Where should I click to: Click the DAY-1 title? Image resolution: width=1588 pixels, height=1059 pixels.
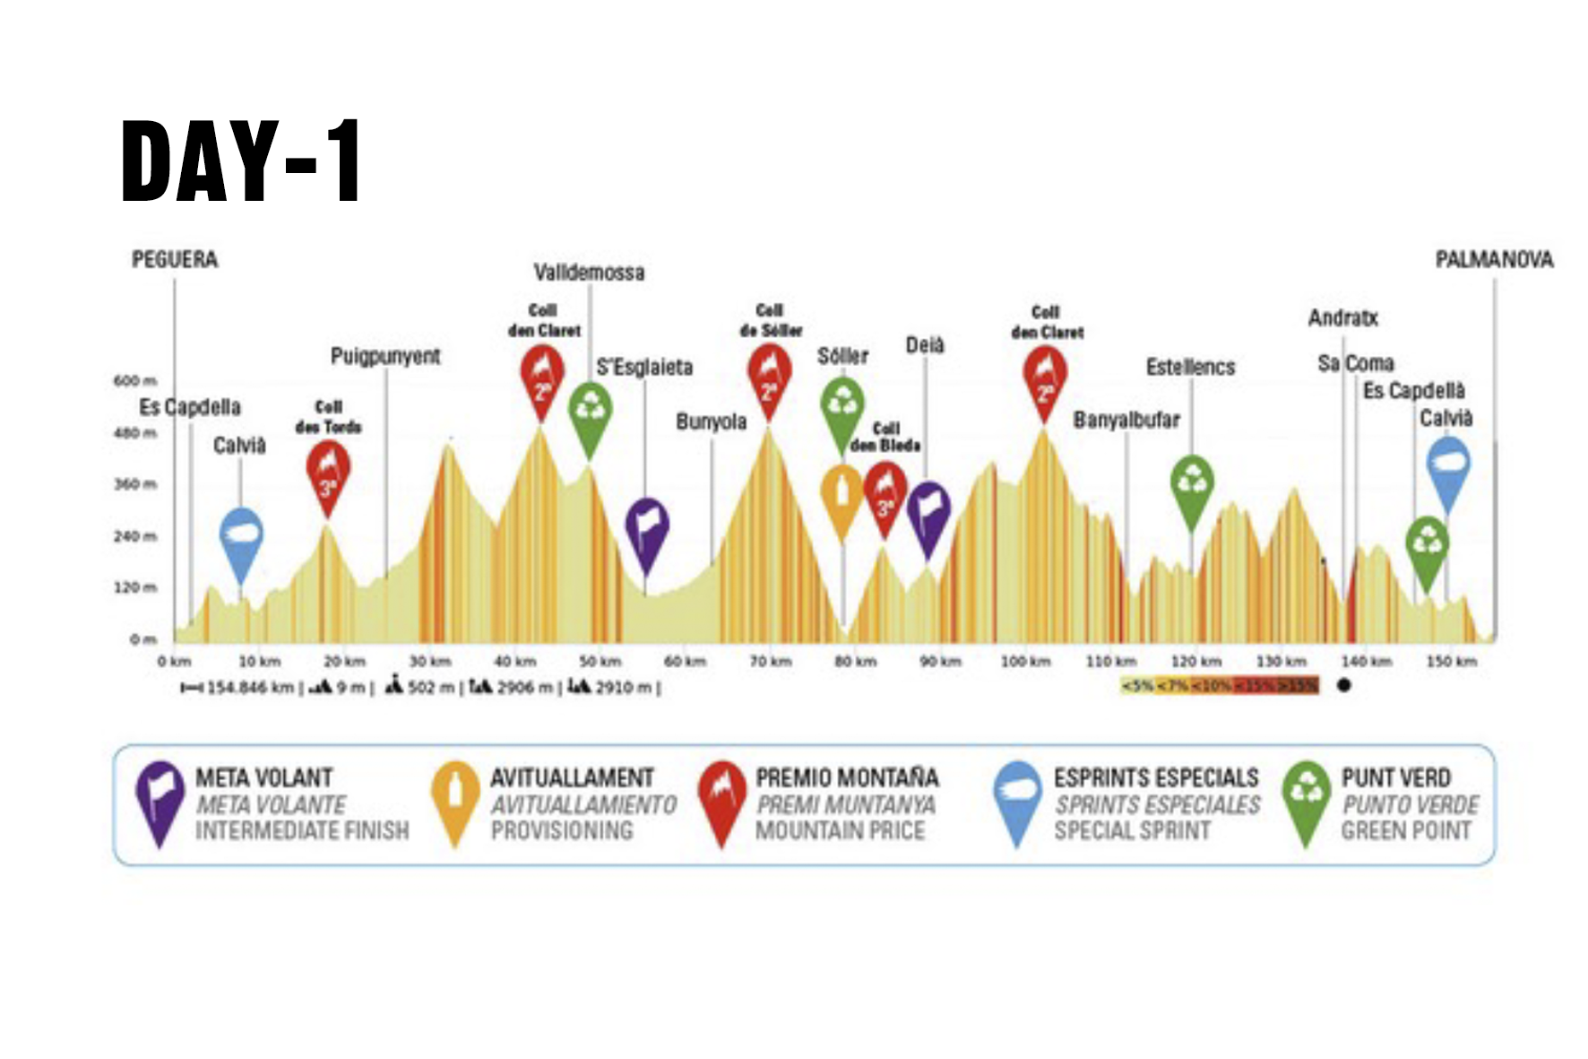tap(241, 161)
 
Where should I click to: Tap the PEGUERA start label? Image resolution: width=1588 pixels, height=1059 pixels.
tap(175, 260)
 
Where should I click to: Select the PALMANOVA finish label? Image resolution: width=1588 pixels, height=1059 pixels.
tap(1494, 260)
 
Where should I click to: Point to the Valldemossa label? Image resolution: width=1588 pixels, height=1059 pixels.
tap(589, 273)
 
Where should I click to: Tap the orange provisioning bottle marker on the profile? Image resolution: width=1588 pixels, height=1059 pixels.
tap(841, 498)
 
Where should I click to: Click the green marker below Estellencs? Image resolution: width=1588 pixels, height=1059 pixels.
tap(1192, 489)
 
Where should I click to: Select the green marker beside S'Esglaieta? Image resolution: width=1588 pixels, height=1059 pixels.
tap(591, 415)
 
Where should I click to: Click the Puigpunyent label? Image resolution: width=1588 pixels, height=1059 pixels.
tap(385, 357)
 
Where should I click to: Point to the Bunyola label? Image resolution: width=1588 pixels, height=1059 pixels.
tap(711, 421)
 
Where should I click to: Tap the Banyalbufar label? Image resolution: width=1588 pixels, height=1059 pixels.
tap(1126, 420)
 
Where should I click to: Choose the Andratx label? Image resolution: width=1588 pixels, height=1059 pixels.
tap(1342, 318)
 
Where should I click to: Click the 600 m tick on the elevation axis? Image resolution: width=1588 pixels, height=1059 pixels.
tap(135, 381)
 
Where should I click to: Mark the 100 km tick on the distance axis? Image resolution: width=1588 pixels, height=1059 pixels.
tap(1025, 662)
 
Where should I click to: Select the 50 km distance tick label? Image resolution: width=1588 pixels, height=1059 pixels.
tap(600, 662)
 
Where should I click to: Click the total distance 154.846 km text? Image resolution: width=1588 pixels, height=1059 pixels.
tap(250, 688)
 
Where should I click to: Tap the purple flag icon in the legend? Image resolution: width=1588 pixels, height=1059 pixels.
tap(160, 800)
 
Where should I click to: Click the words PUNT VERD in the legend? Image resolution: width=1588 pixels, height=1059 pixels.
tap(1395, 777)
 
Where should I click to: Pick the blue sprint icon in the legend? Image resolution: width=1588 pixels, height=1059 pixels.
tap(1017, 800)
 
